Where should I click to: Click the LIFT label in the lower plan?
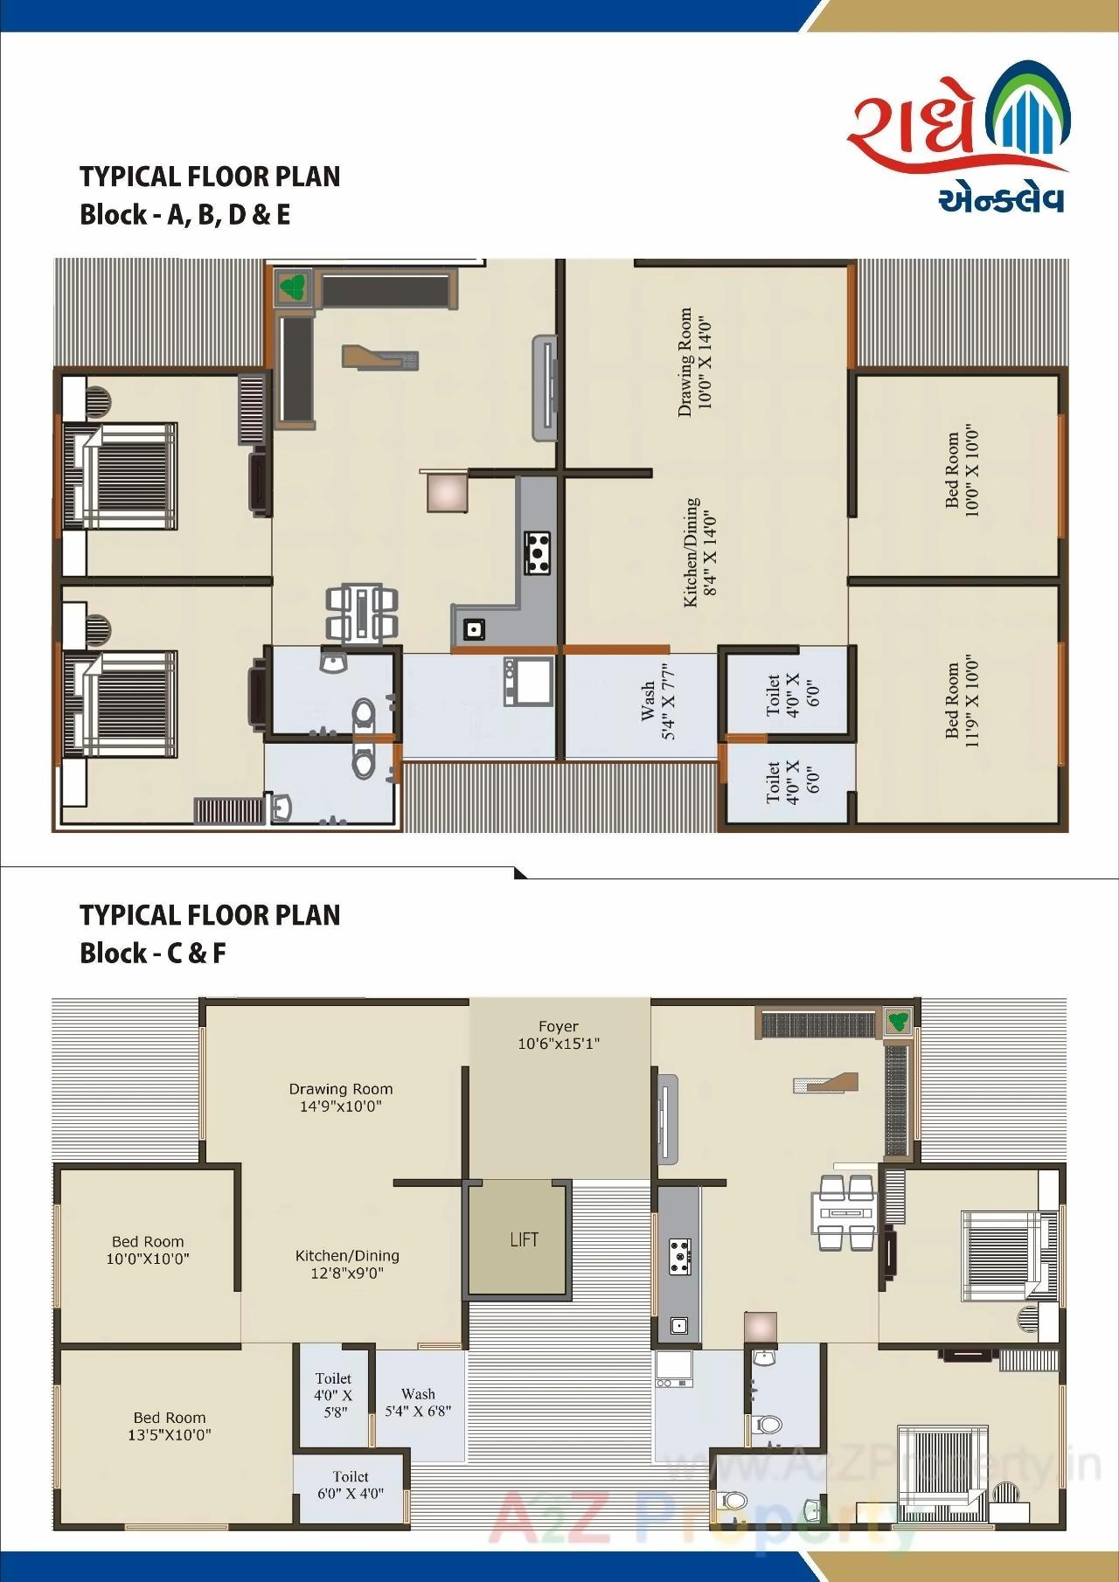point(524,1239)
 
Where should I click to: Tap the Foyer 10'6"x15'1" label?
point(559,1035)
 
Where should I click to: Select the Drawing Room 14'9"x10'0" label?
point(341,1097)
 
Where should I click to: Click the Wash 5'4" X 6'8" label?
point(419,1402)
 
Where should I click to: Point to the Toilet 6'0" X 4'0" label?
point(350,1485)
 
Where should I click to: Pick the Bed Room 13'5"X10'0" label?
point(170,1426)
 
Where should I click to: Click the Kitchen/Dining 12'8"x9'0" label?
point(347,1264)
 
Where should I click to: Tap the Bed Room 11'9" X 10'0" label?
point(960,702)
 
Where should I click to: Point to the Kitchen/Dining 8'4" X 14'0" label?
point(700,552)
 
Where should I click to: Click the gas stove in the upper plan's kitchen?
point(539,552)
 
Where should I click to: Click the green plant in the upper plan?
point(290,286)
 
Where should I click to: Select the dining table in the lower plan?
point(845,1214)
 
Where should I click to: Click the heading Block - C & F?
point(152,953)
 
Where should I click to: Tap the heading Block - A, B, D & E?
point(184,214)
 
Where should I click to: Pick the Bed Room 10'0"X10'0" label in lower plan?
point(148,1250)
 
